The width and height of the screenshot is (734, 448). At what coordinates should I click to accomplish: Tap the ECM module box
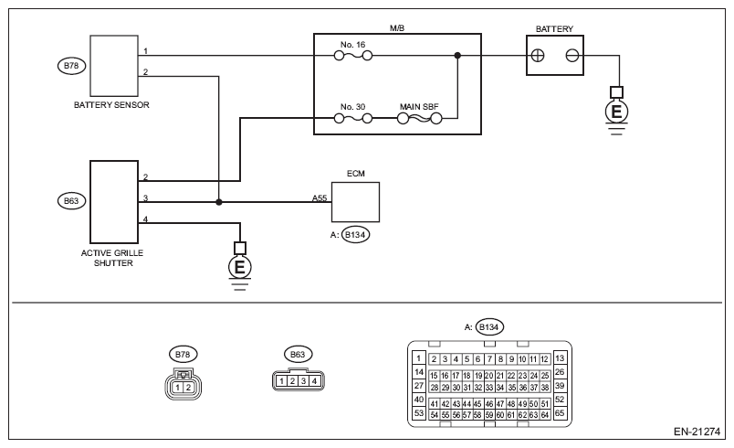coord(355,201)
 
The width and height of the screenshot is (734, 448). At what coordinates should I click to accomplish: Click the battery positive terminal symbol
coord(539,55)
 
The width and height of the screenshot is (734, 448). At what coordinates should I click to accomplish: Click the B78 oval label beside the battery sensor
coord(68,66)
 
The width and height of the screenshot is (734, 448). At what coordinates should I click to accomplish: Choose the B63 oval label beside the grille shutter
coord(68,198)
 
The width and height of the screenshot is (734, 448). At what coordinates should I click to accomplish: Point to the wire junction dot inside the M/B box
coord(457,55)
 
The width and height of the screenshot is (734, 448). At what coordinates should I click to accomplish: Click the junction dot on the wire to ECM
coord(219,201)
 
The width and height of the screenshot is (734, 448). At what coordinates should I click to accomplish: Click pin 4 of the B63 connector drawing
coord(314,379)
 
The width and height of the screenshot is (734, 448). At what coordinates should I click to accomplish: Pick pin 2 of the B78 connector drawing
coord(189,387)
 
